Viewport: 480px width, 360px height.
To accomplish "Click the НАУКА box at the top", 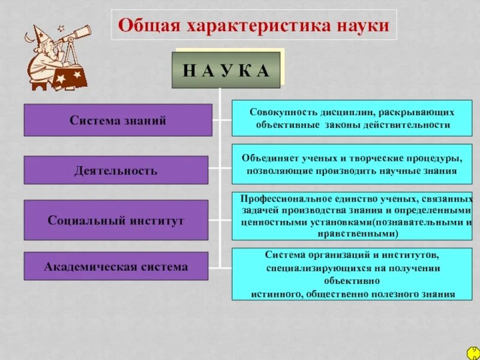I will (226, 70).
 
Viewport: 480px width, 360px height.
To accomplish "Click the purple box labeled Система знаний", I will (118, 120).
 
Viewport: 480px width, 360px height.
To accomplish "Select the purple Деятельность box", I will (116, 170).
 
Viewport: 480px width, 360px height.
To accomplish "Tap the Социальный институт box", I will (116, 220).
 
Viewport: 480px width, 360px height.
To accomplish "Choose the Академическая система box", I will (116, 266).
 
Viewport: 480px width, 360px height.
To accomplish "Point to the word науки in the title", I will (364, 26).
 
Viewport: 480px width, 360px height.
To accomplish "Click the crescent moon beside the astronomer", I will (29, 38).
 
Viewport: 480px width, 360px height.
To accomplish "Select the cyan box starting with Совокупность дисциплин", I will (352, 118).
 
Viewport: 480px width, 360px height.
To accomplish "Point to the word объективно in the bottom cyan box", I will (352, 280).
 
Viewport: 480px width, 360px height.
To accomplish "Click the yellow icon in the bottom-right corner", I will (473, 353).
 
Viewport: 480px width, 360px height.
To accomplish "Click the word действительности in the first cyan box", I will (410, 125).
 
